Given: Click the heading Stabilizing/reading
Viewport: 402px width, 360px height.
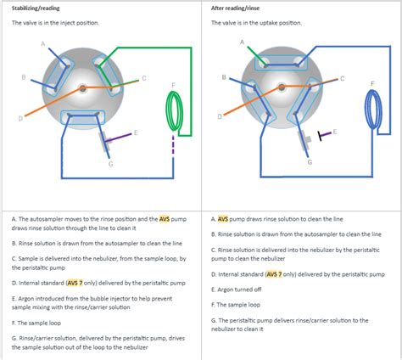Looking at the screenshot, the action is coord(36,8).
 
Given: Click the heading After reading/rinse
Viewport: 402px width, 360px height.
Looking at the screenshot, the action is coord(235,8).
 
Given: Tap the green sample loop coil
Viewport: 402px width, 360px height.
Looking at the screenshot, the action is coord(174,111).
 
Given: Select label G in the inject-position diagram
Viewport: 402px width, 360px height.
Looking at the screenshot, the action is coord(110,164).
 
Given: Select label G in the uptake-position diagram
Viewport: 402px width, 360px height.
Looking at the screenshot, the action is coord(310,162).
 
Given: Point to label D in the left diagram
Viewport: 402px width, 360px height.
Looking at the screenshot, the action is coord(20,118).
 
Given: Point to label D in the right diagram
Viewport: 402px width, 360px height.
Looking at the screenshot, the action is coord(220,116).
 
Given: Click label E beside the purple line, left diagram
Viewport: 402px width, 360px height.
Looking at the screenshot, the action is coord(136,132).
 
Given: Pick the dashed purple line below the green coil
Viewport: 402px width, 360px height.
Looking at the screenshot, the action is coord(173,145).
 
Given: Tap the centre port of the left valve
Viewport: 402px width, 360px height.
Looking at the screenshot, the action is coord(82,88).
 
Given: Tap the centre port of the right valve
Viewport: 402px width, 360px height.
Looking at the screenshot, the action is coord(282,87).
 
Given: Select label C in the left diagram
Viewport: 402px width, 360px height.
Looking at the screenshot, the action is coord(143,78).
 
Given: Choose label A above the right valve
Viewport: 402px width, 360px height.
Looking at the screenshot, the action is coord(242,42).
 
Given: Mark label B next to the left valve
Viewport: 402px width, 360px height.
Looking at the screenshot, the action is coord(24,77).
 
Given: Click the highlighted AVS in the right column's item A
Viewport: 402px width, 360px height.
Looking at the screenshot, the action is coord(223,219).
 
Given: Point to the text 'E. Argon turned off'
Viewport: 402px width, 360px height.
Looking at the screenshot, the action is coord(236,290).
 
